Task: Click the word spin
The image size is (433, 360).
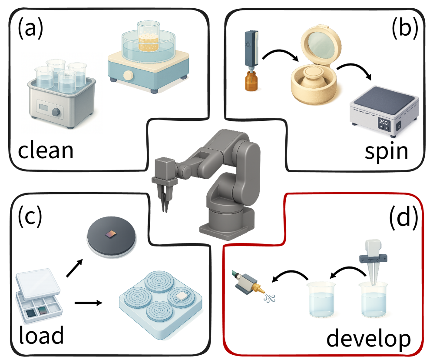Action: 386,152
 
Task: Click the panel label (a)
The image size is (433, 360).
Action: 30,29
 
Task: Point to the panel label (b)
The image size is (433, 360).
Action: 405,29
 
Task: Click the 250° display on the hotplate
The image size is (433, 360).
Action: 384,122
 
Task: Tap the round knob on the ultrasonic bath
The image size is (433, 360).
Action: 56,112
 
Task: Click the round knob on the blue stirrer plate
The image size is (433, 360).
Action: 128,75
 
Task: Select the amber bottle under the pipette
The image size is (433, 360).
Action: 251,80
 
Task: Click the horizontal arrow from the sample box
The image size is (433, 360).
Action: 88,303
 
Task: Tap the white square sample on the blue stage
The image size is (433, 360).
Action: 182,296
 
